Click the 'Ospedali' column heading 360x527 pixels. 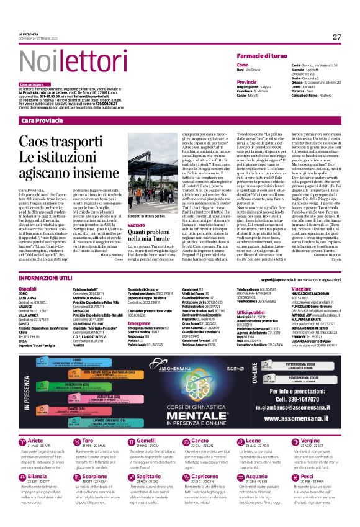click(x=28, y=289)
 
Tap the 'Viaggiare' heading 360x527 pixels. click(x=301, y=289)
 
